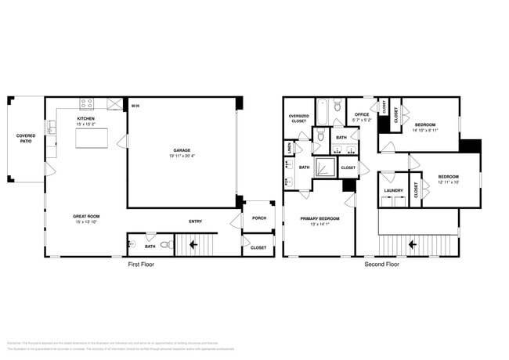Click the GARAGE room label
(x=182, y=149)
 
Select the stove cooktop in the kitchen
(x=87, y=103)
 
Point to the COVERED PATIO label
(x=26, y=139)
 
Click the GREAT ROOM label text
(x=86, y=216)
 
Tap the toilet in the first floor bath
(x=165, y=246)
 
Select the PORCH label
(x=258, y=218)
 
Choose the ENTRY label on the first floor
(x=196, y=221)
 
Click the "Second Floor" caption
(x=381, y=265)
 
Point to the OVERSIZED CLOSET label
(x=298, y=118)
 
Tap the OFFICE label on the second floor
(x=361, y=114)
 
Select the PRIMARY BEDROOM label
(x=319, y=218)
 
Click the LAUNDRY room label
(x=393, y=190)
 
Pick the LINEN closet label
(x=290, y=146)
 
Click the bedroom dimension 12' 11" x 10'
(x=449, y=182)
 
